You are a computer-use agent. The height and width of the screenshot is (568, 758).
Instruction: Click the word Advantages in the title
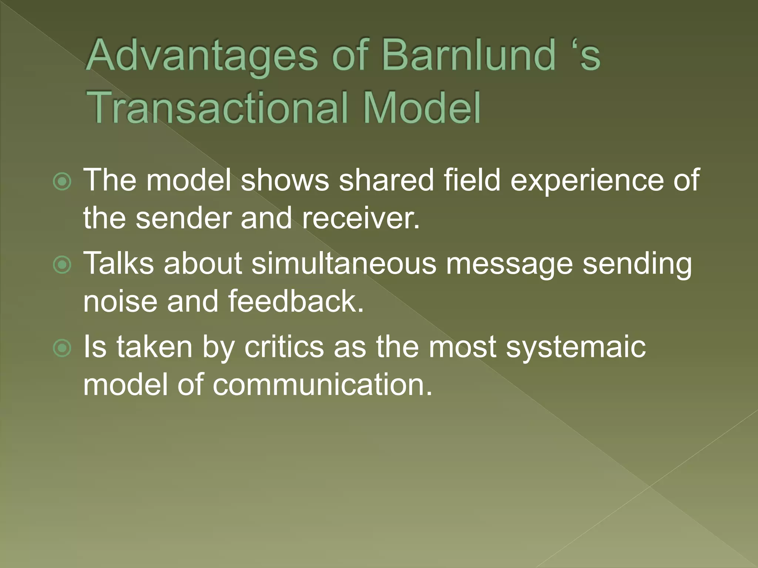click(202, 56)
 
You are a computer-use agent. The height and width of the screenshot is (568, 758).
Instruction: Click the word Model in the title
click(422, 108)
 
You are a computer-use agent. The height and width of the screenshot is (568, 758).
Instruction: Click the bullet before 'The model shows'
click(62, 182)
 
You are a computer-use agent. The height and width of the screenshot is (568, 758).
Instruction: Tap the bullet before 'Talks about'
click(62, 265)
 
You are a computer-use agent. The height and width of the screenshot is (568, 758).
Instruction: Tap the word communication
click(322, 385)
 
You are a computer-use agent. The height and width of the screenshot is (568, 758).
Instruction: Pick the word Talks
click(118, 263)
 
